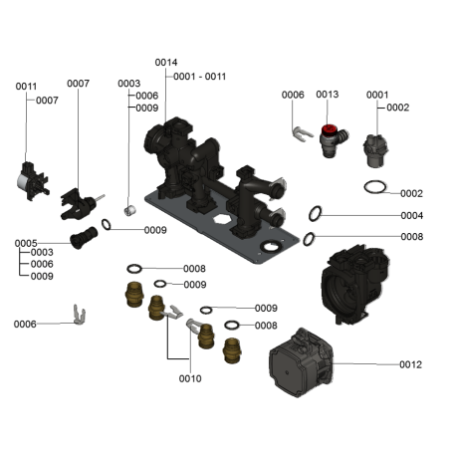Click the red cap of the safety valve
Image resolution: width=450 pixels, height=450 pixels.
(x=330, y=129)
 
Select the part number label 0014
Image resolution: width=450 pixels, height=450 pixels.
(x=166, y=63)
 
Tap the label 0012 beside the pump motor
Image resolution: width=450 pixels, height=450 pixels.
(x=410, y=364)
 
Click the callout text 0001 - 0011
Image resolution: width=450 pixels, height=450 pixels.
(x=199, y=77)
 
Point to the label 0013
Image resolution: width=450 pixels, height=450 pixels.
(x=328, y=95)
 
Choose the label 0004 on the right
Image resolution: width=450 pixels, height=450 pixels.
(x=412, y=216)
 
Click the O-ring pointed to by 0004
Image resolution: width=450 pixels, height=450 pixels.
(x=315, y=213)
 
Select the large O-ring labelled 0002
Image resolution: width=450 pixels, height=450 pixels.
(x=375, y=186)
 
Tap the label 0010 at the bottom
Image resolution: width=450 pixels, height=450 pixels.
(x=190, y=378)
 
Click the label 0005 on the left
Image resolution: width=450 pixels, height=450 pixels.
(x=26, y=243)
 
